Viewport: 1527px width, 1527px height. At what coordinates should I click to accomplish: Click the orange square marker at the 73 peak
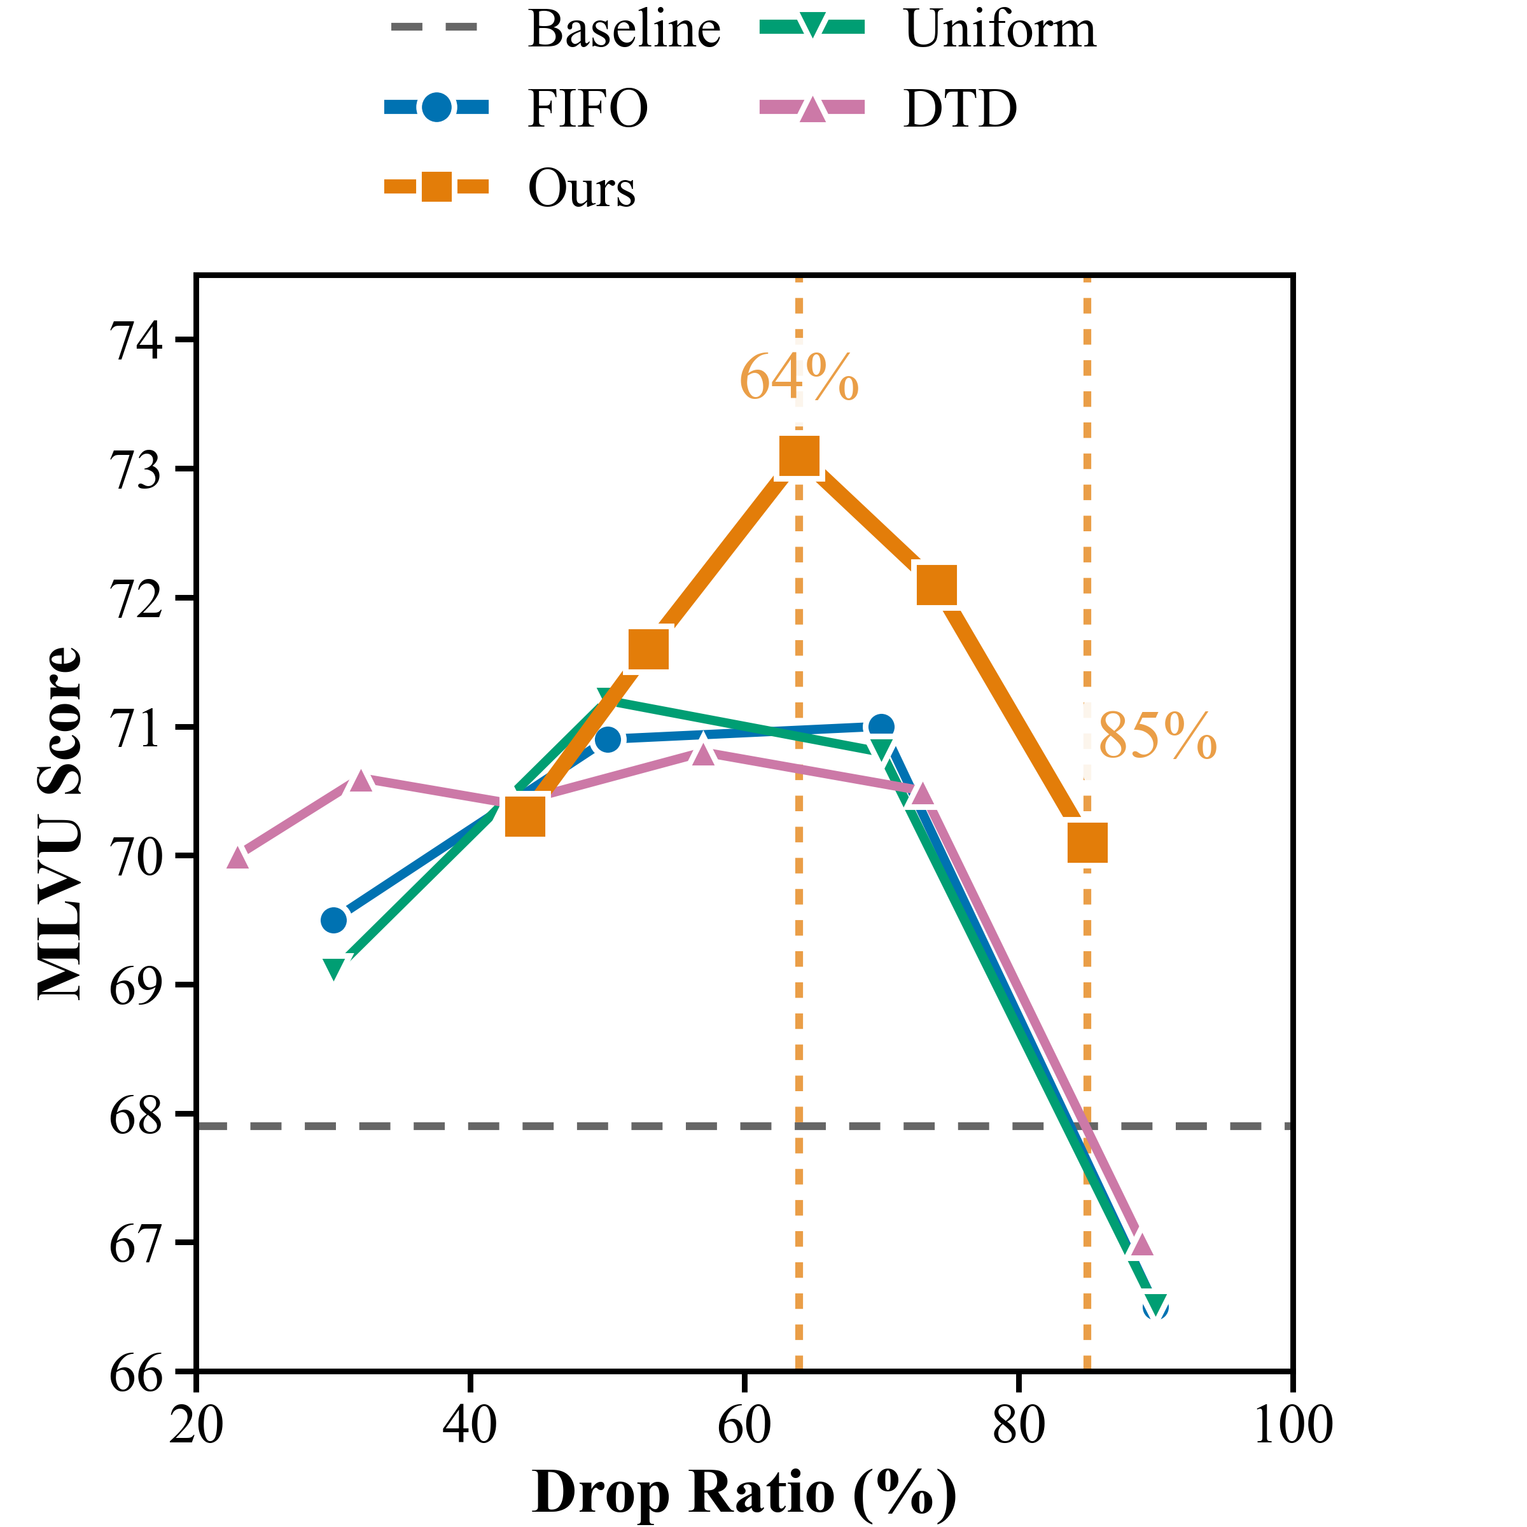(x=798, y=456)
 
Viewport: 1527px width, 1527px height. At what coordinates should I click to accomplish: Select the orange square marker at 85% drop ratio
(x=1087, y=842)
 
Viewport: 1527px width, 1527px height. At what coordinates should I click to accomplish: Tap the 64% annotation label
(x=798, y=378)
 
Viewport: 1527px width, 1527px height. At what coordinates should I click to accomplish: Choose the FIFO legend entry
(x=587, y=108)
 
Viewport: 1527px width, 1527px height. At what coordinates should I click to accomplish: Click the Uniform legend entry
(x=1000, y=29)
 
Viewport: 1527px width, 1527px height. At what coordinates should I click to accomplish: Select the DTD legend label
(x=959, y=108)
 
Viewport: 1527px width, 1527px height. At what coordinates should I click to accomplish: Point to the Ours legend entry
(x=581, y=189)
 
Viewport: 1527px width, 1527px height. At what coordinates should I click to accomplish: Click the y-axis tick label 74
(x=135, y=342)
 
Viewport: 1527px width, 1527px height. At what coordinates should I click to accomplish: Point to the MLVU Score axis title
(x=60, y=823)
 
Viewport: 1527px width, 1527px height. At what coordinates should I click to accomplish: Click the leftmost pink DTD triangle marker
(x=238, y=858)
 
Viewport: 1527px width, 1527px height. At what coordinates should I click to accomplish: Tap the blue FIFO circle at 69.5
(x=333, y=920)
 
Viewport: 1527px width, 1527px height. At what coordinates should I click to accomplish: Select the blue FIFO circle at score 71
(x=881, y=727)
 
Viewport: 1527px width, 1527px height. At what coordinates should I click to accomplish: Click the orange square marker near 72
(x=936, y=585)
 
